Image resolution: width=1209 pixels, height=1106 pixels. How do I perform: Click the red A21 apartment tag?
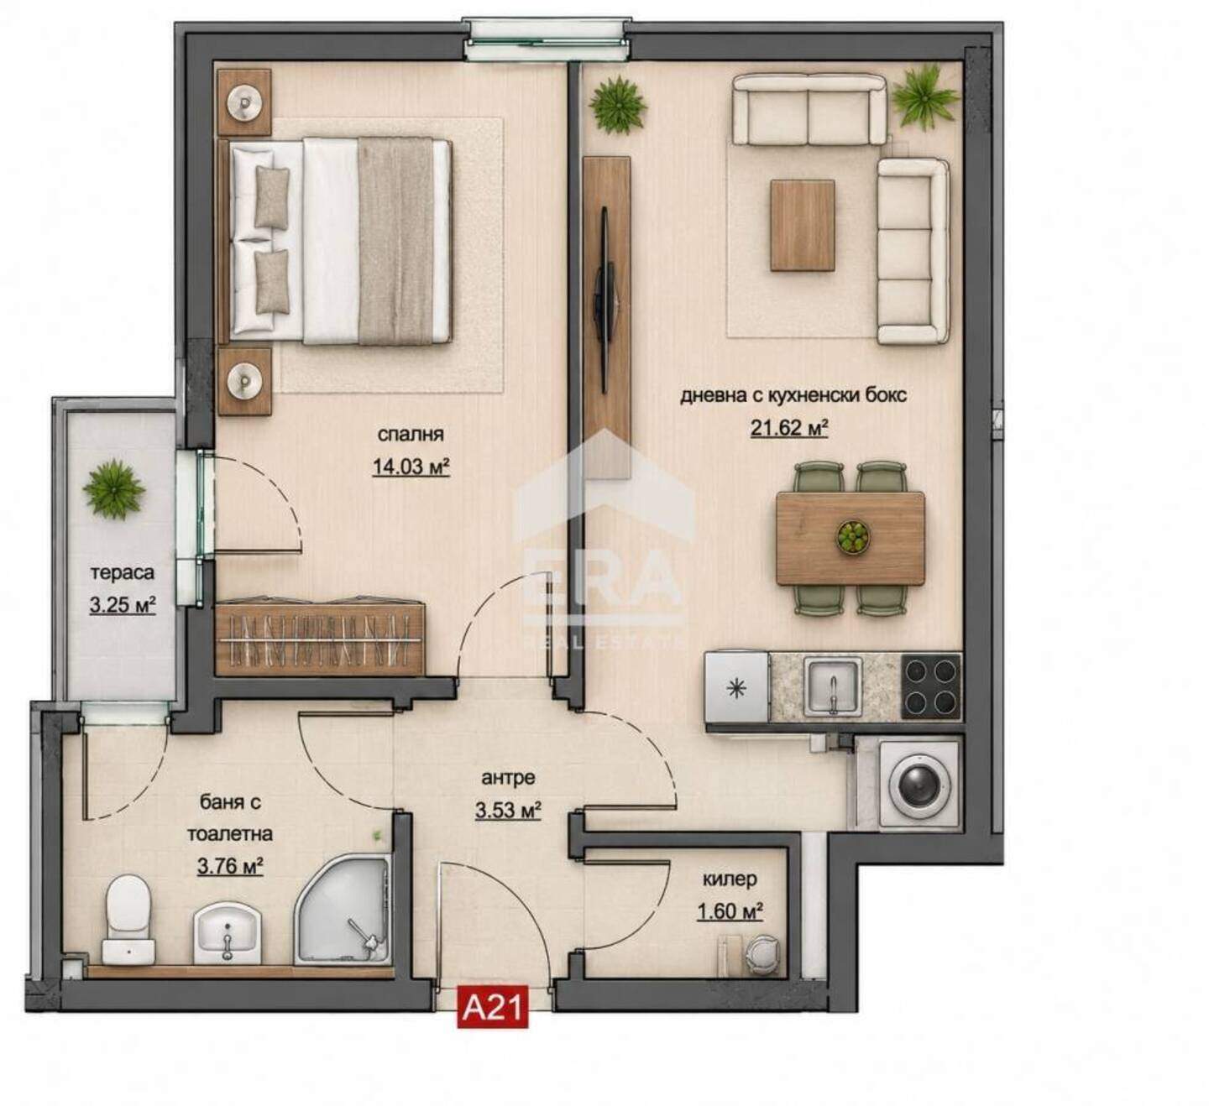point(492,1006)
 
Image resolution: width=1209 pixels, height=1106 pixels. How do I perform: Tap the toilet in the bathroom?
point(128,919)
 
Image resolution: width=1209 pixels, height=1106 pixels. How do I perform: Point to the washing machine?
point(919,783)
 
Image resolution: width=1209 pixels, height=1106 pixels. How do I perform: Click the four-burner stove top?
point(931,686)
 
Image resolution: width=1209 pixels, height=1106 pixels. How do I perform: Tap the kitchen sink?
point(834,686)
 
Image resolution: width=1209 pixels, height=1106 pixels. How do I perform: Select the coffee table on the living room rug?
point(803,225)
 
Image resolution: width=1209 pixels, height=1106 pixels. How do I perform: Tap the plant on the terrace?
point(114,488)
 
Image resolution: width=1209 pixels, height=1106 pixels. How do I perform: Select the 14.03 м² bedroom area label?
point(411,467)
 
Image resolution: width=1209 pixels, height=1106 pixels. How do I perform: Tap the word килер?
point(730,879)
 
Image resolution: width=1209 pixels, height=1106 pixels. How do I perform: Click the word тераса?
point(123,572)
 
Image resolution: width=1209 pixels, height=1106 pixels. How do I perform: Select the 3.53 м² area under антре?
point(508,811)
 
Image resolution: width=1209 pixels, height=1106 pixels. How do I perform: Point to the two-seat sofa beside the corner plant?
point(809,109)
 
